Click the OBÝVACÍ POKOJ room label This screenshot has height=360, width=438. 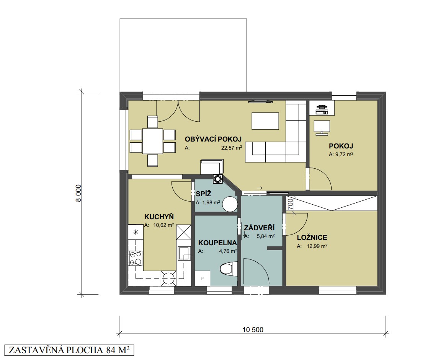pyautogui.click(x=213, y=139)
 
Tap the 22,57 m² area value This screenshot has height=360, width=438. pyautogui.click(x=232, y=148)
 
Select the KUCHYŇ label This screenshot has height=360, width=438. pyautogui.click(x=159, y=217)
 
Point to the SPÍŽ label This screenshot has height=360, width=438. pyautogui.click(x=203, y=194)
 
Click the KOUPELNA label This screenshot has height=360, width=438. pyautogui.click(x=217, y=243)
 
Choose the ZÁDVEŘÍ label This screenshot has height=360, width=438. pyautogui.click(x=259, y=228)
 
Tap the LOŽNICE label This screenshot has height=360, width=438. pyautogui.click(x=312, y=238)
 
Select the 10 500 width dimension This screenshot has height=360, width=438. pyautogui.click(x=253, y=329)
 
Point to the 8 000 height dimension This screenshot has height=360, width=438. pyautogui.click(x=78, y=193)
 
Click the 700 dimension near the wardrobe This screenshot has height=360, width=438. pyautogui.click(x=290, y=204)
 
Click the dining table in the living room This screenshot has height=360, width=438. pyautogui.click(x=152, y=141)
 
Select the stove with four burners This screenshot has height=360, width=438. pyautogui.click(x=135, y=258)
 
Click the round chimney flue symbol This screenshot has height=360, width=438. pyautogui.click(x=217, y=179)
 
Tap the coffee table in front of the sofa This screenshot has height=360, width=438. pyautogui.click(x=265, y=121)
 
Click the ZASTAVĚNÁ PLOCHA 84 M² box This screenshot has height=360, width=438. pyautogui.click(x=69, y=350)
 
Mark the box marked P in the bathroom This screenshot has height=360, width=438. pyautogui.click(x=202, y=278)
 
